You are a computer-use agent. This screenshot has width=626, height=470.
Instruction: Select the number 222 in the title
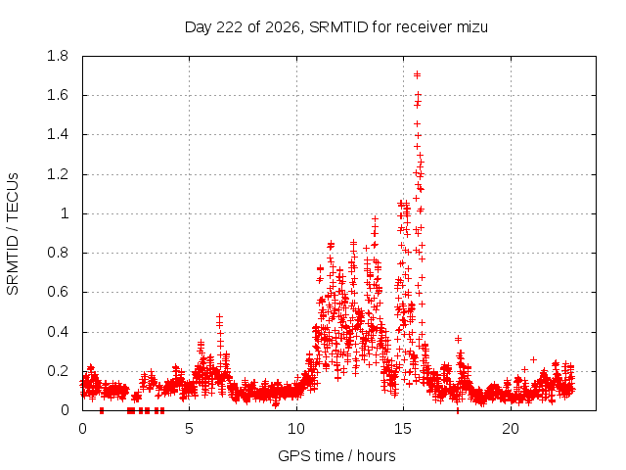click(x=229, y=27)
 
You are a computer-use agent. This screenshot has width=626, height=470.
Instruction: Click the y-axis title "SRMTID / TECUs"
click(x=13, y=234)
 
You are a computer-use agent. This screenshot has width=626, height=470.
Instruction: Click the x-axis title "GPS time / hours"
click(x=336, y=455)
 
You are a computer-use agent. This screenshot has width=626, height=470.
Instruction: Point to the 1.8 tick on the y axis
click(x=58, y=56)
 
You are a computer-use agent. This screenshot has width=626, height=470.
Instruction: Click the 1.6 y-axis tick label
click(x=58, y=95)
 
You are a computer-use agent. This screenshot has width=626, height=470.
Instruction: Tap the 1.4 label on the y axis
click(x=58, y=135)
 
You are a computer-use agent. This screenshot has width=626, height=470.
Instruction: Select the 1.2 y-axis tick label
click(x=58, y=174)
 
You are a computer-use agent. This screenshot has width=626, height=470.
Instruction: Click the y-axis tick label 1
click(x=65, y=213)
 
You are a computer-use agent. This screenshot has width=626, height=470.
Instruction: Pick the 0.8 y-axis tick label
click(x=58, y=253)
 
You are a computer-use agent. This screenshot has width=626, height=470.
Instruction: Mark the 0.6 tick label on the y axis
click(x=58, y=292)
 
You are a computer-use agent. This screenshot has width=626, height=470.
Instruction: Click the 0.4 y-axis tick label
click(x=58, y=332)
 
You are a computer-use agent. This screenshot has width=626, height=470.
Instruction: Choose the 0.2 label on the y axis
click(x=58, y=371)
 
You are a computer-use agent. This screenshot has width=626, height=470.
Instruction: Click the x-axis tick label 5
click(x=189, y=429)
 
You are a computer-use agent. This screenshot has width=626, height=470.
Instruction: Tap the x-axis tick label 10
click(x=296, y=429)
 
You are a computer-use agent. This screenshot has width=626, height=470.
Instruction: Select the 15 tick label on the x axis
click(x=403, y=429)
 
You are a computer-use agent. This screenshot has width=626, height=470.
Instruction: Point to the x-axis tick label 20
click(x=511, y=429)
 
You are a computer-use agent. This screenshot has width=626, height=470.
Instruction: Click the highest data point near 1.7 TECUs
click(x=418, y=74)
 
